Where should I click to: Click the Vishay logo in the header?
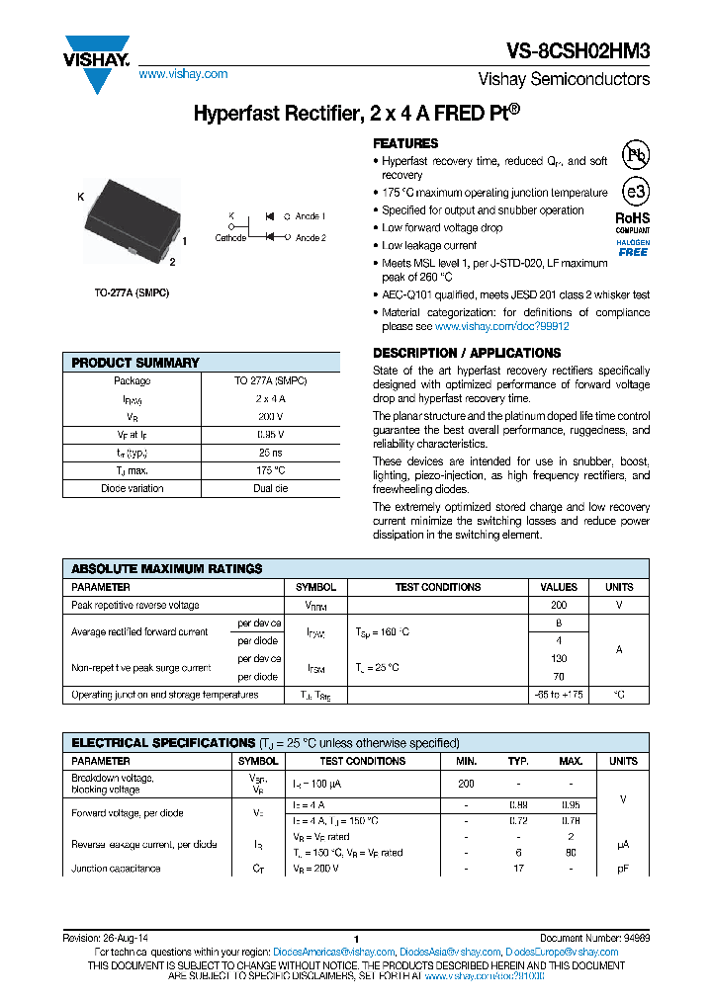96,61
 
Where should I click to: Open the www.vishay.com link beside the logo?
183,74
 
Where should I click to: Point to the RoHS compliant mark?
633,222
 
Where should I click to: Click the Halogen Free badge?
633,248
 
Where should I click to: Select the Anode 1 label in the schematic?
311,215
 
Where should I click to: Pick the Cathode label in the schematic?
230,238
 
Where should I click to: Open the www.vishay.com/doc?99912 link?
501,326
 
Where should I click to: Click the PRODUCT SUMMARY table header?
135,363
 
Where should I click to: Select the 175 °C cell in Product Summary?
270,470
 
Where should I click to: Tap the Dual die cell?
270,488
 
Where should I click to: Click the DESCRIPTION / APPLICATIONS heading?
467,353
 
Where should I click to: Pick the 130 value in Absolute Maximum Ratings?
559,658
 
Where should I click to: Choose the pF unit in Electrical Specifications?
622,869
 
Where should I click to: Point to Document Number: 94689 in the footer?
594,938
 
